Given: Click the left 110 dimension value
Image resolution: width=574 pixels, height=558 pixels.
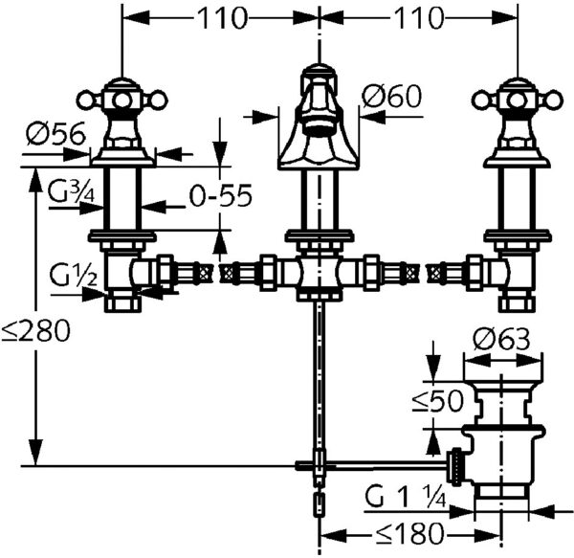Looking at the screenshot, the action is (x=223, y=18).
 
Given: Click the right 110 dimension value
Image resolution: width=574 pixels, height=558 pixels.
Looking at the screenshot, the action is (x=418, y=18).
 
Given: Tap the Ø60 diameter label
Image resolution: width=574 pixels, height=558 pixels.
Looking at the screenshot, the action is (x=391, y=96).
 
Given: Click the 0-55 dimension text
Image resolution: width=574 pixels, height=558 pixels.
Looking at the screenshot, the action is (x=221, y=195).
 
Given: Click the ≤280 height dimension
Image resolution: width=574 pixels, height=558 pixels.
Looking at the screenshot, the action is (x=35, y=331).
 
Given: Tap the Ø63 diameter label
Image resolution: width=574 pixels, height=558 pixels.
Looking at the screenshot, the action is (x=501, y=339).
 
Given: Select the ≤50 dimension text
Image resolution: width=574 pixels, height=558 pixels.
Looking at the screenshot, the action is (x=438, y=401).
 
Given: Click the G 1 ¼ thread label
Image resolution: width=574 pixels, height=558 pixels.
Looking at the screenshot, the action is (x=406, y=497).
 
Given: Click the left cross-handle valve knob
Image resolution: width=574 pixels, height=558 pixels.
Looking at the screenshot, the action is (x=121, y=100).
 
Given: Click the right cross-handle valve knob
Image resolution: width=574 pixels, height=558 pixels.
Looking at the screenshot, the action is (x=517, y=100).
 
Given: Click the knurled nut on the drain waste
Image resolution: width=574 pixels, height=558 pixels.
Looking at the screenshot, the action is (x=456, y=467).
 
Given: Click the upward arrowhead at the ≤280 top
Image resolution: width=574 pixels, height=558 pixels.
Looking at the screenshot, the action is (x=35, y=178).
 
